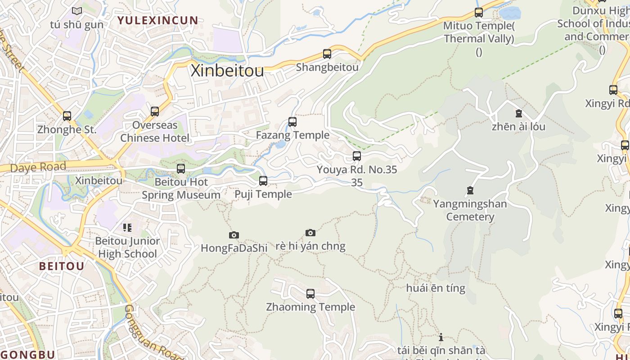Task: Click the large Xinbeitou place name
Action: (227, 71)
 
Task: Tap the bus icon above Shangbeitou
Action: (327, 54)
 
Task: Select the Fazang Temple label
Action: (292, 135)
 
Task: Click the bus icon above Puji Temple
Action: (263, 181)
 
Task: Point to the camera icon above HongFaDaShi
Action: (234, 235)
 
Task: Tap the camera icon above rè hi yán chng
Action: (310, 233)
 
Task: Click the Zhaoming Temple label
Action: (310, 307)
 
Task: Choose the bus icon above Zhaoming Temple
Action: (310, 294)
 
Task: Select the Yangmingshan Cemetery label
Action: (470, 210)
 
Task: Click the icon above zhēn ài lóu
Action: (518, 113)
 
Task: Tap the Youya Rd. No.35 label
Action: (357, 170)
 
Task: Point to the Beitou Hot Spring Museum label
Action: (181, 189)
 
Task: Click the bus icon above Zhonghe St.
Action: (67, 116)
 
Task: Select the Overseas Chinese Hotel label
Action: (155, 131)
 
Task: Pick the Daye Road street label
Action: (38, 167)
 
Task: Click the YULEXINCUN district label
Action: (157, 20)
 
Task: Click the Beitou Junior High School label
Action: (127, 247)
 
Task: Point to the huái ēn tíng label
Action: (436, 288)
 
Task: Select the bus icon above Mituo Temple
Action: (479, 13)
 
